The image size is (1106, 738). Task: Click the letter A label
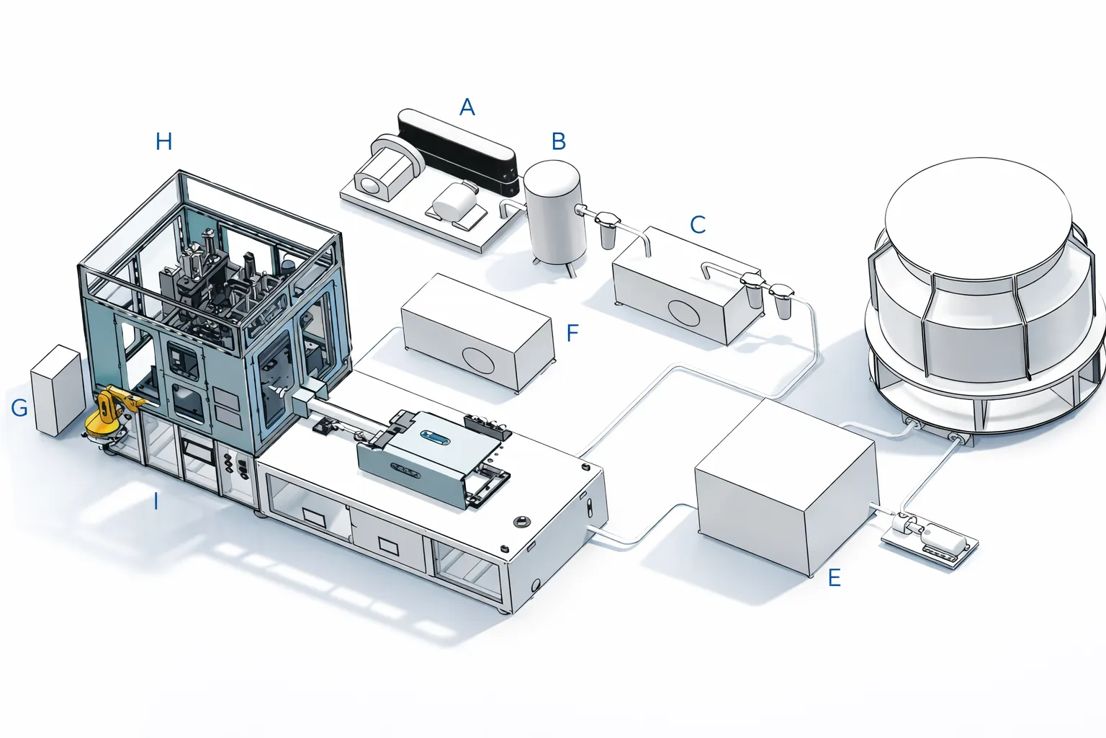point(467,107)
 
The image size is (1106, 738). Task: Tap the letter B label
point(559,141)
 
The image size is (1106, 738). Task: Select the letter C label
point(698,225)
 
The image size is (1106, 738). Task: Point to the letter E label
point(835,578)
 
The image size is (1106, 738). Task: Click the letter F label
point(572,333)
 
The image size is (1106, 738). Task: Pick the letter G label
point(19,408)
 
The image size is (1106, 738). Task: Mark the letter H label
point(164,141)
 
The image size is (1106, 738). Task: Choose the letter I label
point(156,501)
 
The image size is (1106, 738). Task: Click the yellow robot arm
point(108,416)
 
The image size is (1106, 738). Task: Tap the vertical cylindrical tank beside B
point(553,213)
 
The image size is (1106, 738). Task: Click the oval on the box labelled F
point(478,360)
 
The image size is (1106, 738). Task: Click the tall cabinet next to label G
point(56,390)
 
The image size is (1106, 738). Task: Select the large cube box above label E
point(785,484)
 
